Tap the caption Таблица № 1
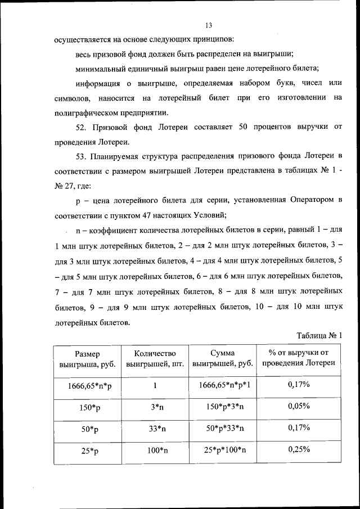pyautogui.click(x=319, y=335)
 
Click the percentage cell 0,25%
pyautogui.click(x=299, y=450)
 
